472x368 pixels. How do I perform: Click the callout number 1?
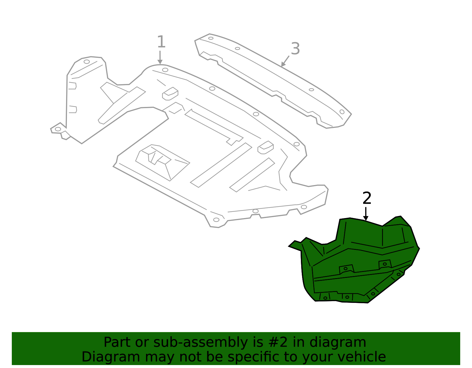(161, 42)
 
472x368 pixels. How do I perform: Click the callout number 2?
(367, 198)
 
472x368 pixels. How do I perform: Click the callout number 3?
(295, 49)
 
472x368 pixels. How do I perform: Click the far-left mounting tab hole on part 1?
(58, 129)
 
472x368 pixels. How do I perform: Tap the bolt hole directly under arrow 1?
(165, 70)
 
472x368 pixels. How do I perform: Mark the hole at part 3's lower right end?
(342, 112)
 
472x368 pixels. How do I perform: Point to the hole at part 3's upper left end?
(211, 38)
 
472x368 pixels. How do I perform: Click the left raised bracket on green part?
(346, 269)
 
